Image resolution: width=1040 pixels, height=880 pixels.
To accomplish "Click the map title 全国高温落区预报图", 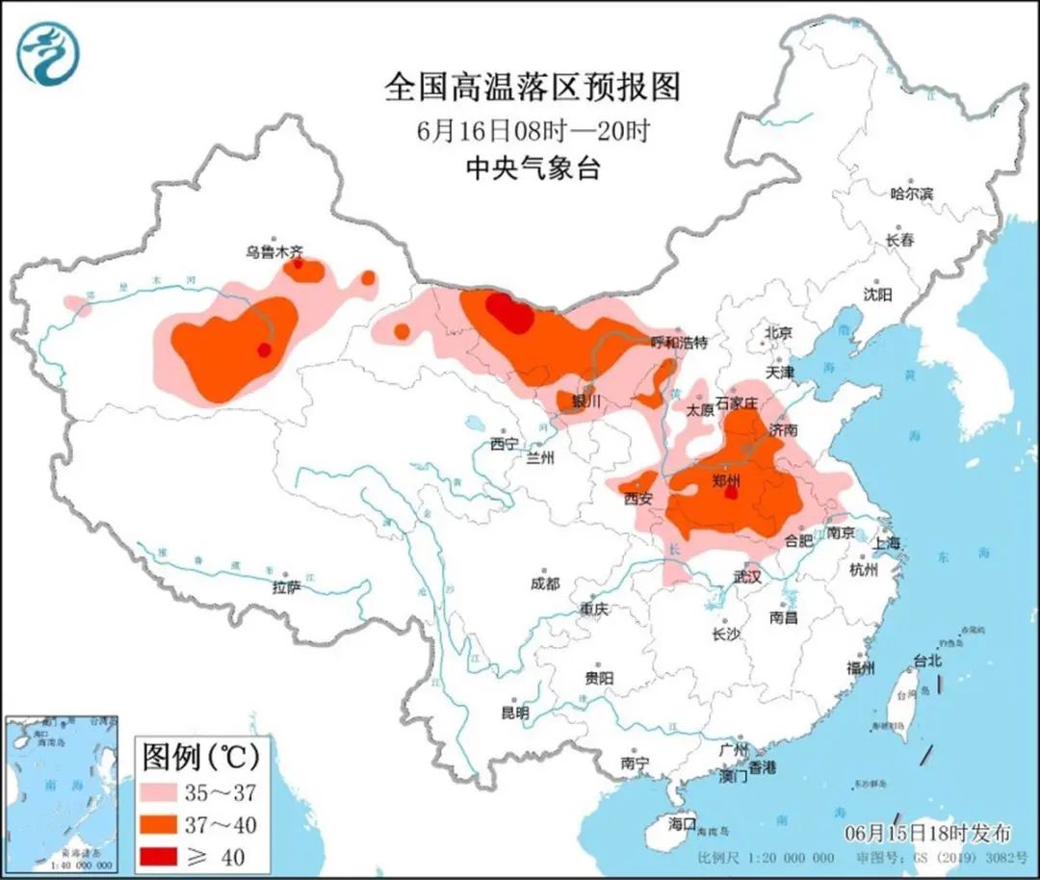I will pos(532,88).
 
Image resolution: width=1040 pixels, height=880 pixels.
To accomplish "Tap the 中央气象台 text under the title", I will pos(532,169).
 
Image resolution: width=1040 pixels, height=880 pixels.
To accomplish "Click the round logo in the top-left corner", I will pos(48,53).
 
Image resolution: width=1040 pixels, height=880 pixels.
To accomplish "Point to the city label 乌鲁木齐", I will pos(273,252).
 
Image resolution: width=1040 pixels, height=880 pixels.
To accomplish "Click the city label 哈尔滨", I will pos(911,194).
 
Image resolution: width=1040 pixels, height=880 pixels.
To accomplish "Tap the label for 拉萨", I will pos(287,587).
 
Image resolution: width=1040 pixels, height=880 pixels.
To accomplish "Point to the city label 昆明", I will pos(514,713).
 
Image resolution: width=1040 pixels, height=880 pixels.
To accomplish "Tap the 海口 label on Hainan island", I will pos(682,824).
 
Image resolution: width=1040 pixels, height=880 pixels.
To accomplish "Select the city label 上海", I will pos(886,543).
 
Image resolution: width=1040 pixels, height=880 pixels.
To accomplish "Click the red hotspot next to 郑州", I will pos(731,493).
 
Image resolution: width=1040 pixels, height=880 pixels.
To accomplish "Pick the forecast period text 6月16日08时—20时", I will pos(532,130).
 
